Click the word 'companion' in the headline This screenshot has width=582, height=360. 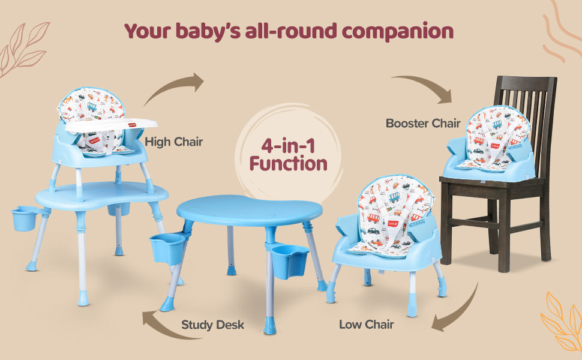tap(398, 32)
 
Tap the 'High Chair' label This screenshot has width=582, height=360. tap(174, 142)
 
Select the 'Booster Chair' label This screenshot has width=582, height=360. tap(423, 123)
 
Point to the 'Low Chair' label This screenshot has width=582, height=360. tap(366, 325)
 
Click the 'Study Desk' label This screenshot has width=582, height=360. tap(212, 325)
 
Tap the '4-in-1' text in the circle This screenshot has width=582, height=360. tap(288, 146)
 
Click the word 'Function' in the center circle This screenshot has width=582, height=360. tap(289, 164)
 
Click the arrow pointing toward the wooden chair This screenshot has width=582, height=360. tap(423, 85)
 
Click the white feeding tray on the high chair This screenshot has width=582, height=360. tap(112, 125)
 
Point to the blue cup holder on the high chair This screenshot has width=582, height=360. tap(24, 218)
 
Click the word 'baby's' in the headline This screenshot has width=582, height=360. tap(208, 32)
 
